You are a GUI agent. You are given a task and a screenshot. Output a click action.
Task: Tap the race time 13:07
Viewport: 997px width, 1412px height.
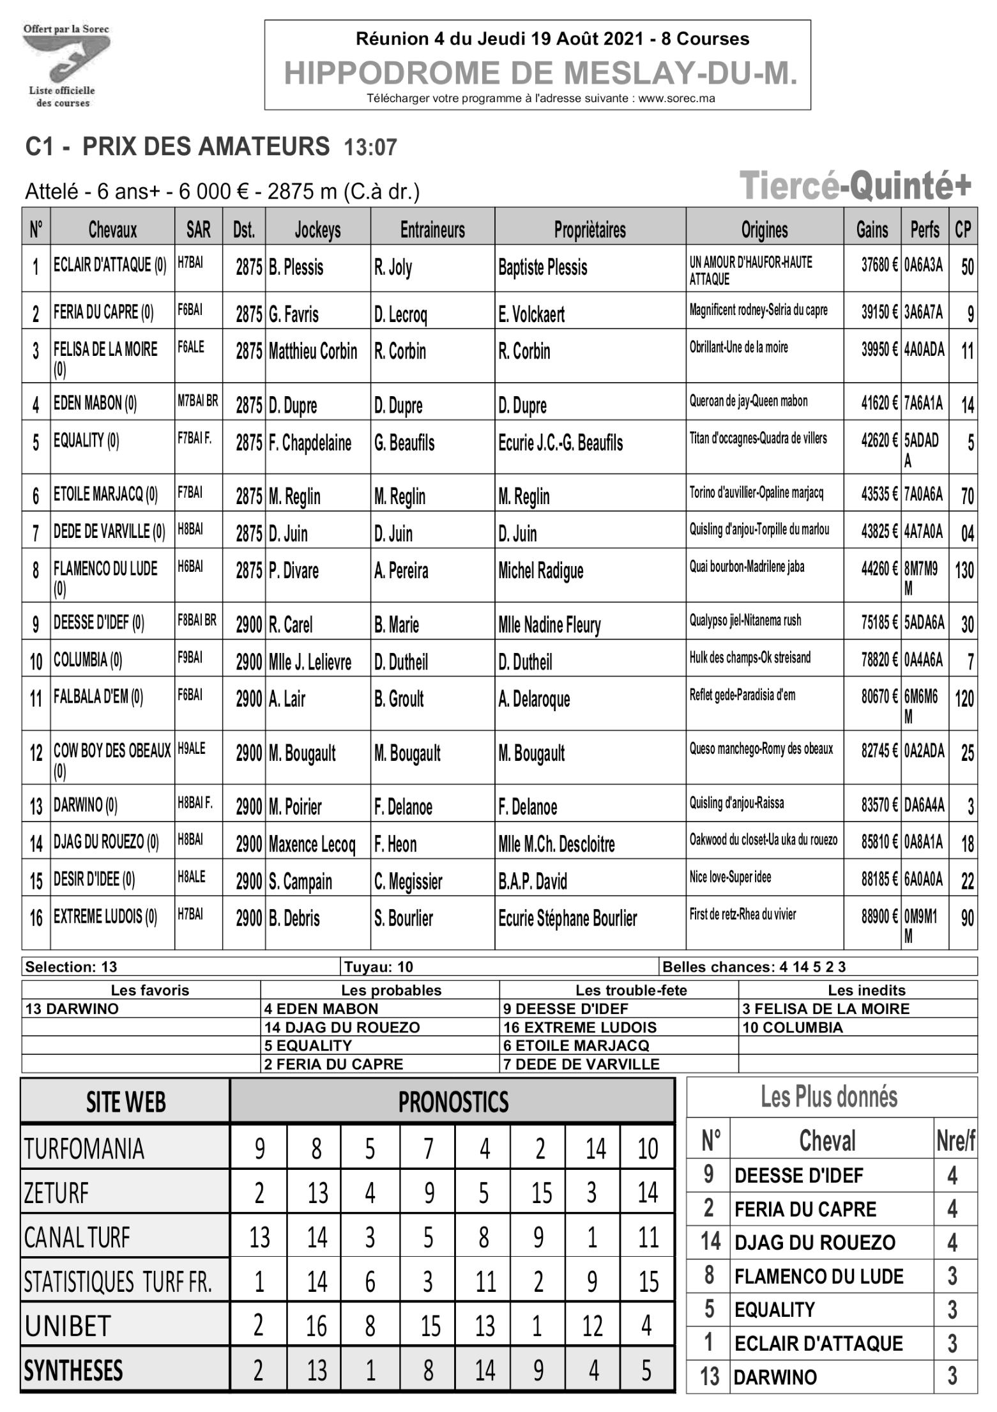(x=370, y=148)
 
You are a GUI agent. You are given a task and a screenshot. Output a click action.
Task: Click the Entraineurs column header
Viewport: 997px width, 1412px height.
(x=432, y=229)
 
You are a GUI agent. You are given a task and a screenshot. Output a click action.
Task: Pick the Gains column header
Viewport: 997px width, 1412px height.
(x=872, y=229)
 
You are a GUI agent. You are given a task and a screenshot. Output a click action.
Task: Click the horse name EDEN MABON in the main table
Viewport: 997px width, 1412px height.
(x=95, y=403)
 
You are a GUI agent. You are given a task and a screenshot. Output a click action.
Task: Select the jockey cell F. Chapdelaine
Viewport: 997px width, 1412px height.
(x=310, y=443)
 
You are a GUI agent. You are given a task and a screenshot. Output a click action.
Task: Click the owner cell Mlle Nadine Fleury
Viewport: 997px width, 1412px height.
(x=549, y=625)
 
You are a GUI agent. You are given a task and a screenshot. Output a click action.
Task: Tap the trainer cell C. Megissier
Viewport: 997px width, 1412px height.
(x=408, y=882)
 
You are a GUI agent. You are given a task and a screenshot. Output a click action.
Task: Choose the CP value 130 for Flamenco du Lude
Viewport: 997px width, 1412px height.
(x=964, y=570)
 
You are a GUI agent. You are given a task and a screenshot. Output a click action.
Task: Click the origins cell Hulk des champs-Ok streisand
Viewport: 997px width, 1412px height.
(x=749, y=657)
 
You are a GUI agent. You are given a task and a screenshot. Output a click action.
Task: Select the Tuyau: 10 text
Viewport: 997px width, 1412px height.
(x=379, y=967)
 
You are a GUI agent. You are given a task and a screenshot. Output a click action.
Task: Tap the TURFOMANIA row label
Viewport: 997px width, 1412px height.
(x=84, y=1149)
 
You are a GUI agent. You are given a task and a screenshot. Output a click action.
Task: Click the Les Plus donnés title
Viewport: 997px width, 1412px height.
(x=828, y=1097)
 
